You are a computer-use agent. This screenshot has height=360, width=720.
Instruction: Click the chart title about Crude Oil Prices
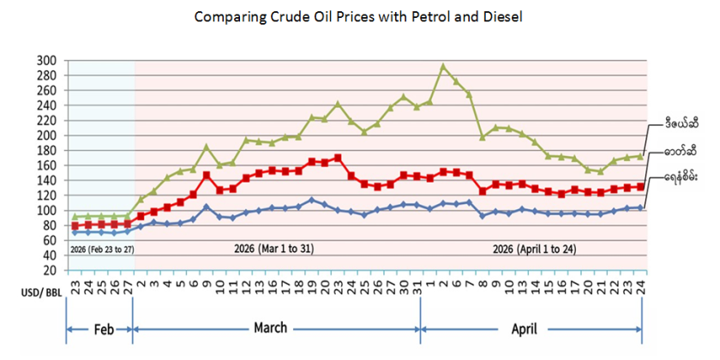click(358, 16)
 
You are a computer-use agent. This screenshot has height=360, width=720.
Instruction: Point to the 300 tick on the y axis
click(47, 61)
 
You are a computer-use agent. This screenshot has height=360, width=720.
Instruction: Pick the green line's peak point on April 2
click(443, 66)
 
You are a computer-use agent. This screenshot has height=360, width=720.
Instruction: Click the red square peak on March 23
click(338, 158)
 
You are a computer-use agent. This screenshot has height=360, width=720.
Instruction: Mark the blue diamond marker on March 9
click(206, 207)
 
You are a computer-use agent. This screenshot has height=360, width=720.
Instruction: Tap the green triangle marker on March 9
click(206, 147)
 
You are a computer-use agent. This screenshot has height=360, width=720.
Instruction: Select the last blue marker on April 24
click(641, 207)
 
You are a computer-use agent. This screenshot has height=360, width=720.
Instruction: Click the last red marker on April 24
click(641, 187)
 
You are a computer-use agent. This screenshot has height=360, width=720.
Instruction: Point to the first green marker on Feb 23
click(75, 217)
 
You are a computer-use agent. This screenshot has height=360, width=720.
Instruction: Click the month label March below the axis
click(270, 328)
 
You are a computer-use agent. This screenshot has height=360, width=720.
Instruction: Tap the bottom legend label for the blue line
click(682, 177)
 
